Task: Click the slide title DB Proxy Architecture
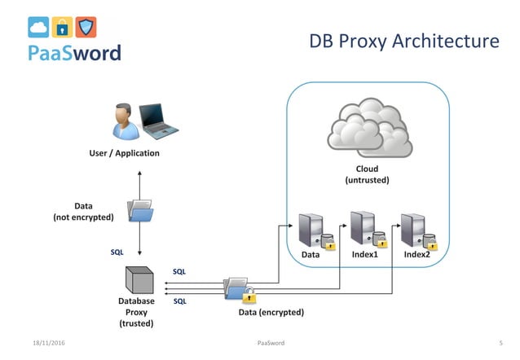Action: point(403,41)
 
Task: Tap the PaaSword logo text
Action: point(74,53)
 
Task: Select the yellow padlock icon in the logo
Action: point(62,28)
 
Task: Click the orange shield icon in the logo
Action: point(86,28)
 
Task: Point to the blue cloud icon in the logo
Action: point(38,28)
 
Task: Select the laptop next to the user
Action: point(158,120)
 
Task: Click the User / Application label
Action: point(124,153)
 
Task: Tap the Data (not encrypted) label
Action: point(83,212)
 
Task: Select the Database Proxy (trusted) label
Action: point(136,312)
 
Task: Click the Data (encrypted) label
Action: point(271,312)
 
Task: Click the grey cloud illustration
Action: point(369,130)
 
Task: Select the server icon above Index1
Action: point(365,228)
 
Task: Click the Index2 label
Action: point(416,255)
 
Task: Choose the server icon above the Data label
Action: point(314,230)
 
